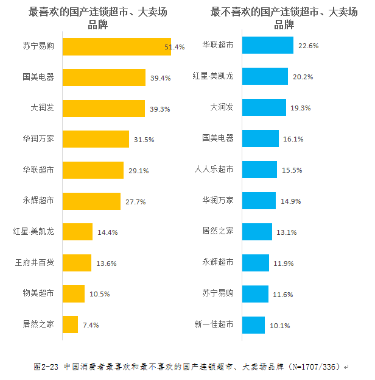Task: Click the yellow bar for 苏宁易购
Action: tap(116, 46)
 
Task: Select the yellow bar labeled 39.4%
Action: tap(103, 77)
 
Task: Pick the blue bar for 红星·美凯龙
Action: tap(265, 77)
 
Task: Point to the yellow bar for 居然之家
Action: tap(70, 324)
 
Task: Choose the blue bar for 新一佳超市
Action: tap(253, 324)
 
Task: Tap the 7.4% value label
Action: tap(89, 325)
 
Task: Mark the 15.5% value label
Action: tap(292, 170)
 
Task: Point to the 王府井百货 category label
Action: tap(35, 263)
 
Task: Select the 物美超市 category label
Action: tap(38, 294)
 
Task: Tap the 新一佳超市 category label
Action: tap(214, 324)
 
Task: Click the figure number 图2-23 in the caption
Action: tap(46, 367)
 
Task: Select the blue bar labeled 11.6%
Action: tap(255, 294)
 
